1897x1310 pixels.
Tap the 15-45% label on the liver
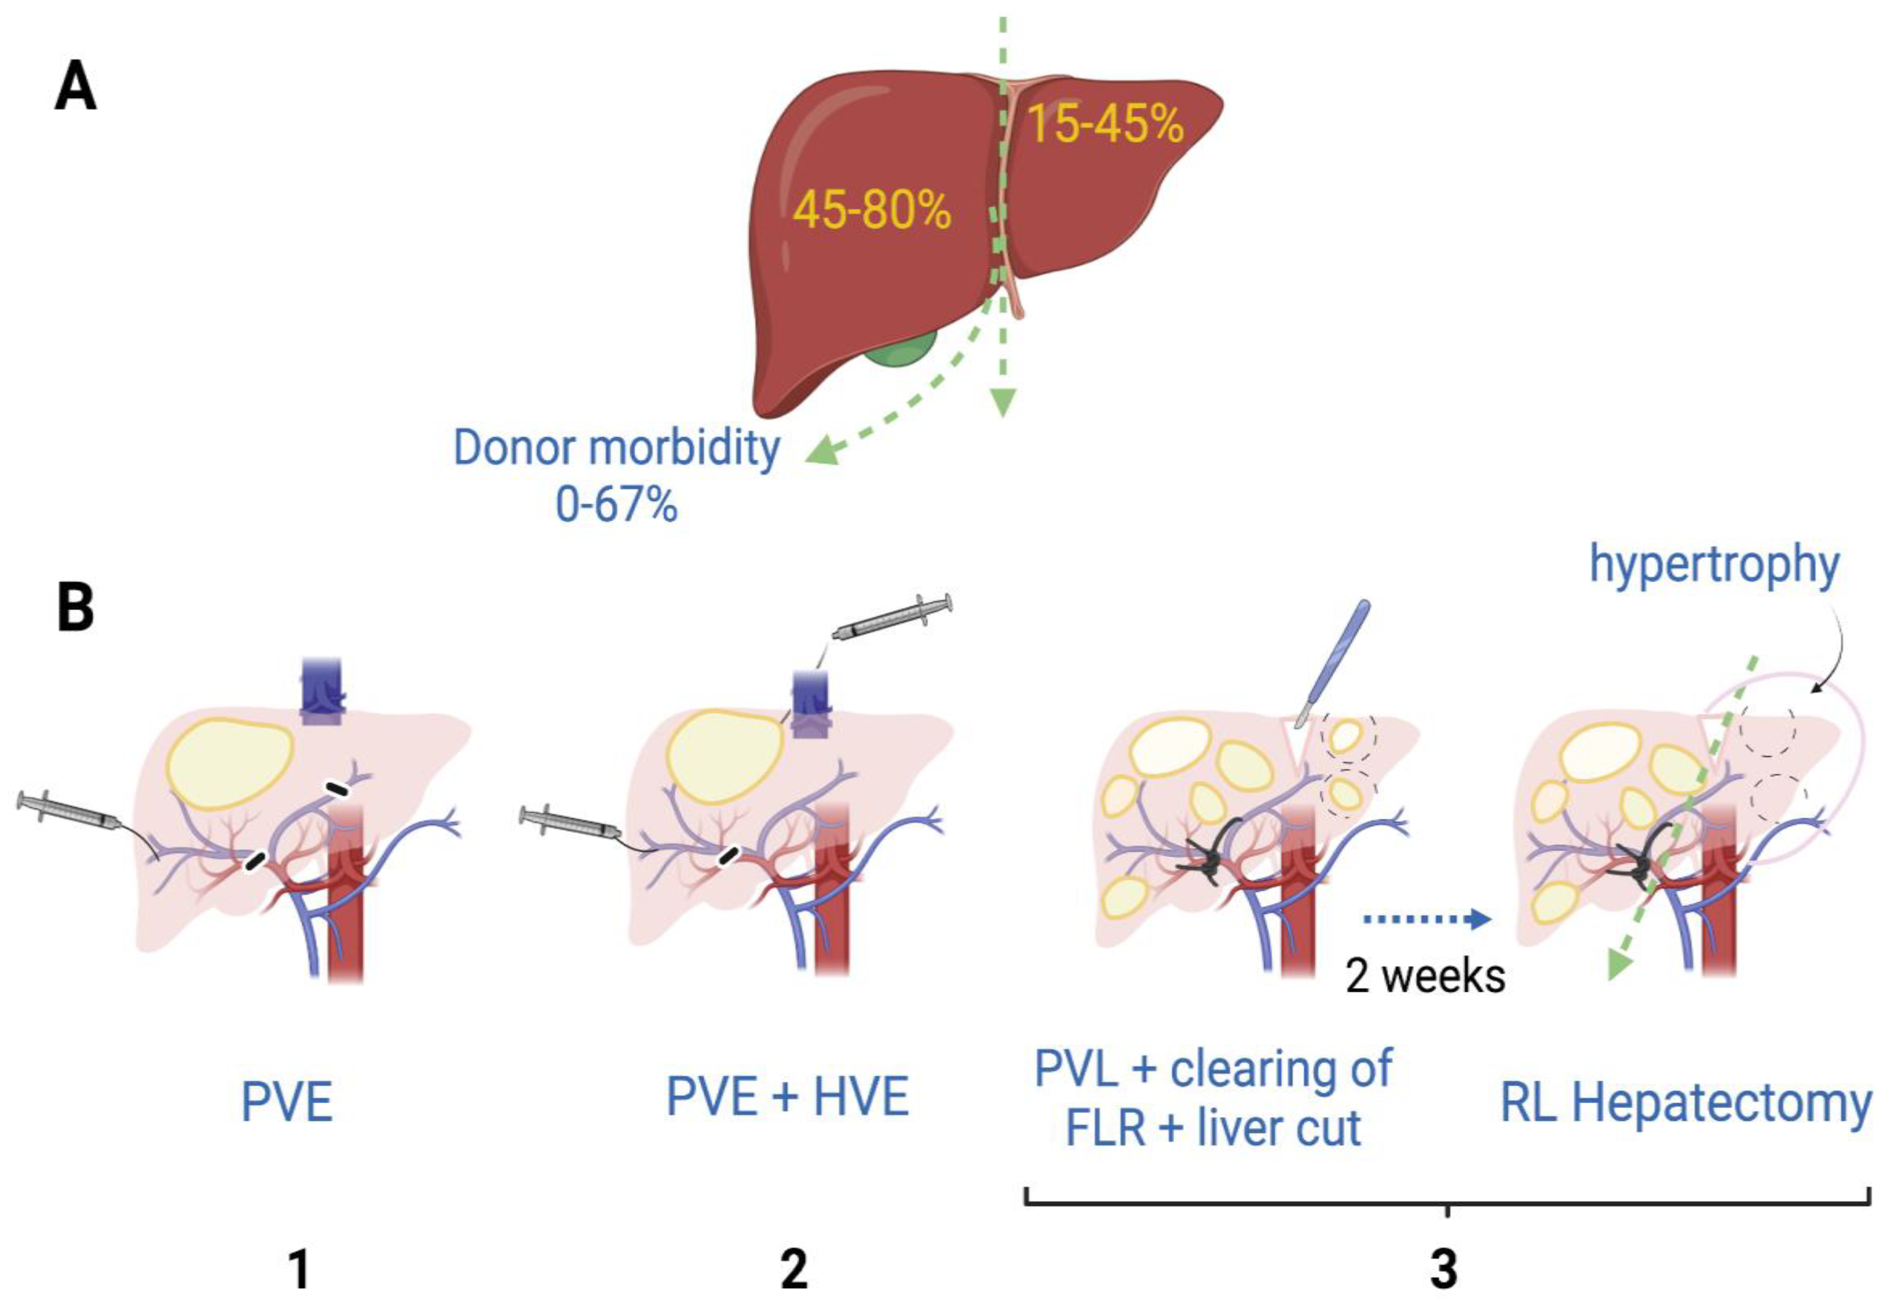pyautogui.click(x=1105, y=125)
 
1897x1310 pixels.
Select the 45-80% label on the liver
pyautogui.click(x=872, y=210)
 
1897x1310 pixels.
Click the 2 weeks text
pyautogui.click(x=1425, y=977)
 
